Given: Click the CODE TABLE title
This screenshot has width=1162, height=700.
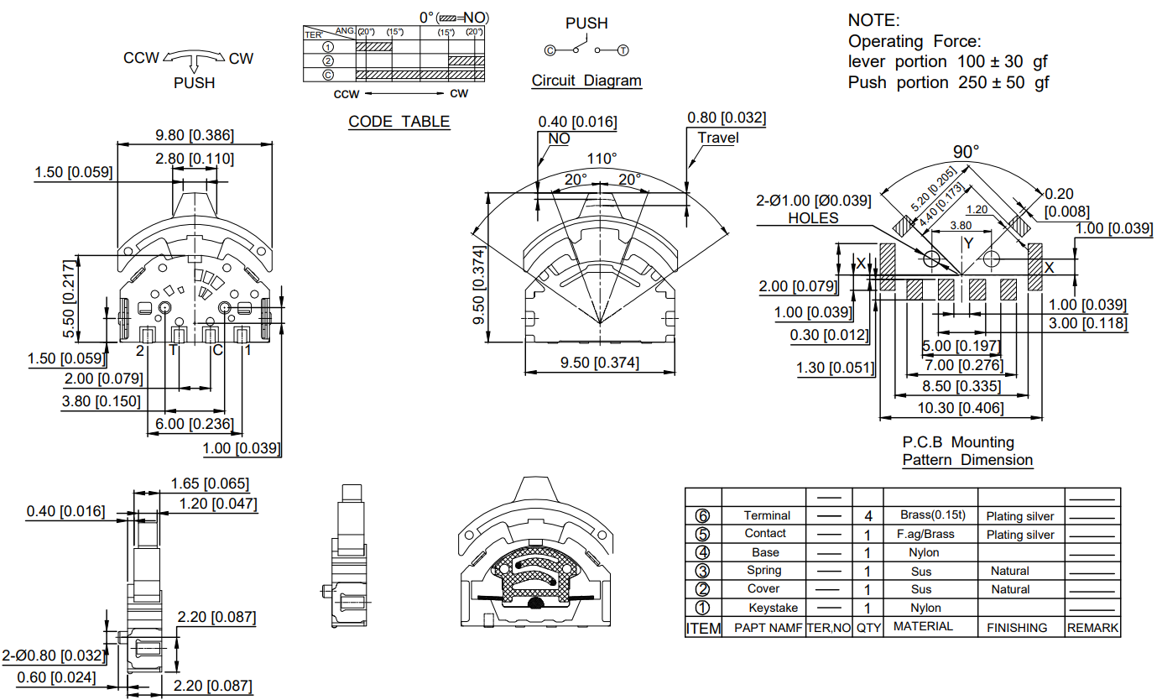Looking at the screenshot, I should click(x=399, y=122).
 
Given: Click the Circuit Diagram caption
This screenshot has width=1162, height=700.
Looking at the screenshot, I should click(x=586, y=81).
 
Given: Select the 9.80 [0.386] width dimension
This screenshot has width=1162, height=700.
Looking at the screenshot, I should click(x=195, y=135).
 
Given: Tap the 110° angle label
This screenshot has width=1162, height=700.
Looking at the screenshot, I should click(x=602, y=159).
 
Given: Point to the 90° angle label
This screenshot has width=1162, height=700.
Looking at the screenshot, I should click(x=966, y=152).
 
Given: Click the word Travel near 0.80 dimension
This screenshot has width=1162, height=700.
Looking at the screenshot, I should click(x=718, y=138).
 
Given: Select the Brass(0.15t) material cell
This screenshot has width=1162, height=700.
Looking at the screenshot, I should click(x=932, y=515).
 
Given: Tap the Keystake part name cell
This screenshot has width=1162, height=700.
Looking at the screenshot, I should click(x=774, y=608).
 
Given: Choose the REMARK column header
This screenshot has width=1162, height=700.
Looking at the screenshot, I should click(x=1092, y=628).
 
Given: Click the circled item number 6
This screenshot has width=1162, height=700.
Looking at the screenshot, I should click(x=703, y=516).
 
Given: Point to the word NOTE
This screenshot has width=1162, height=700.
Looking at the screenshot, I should click(x=873, y=20).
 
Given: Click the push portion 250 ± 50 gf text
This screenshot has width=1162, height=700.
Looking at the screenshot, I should click(x=948, y=82).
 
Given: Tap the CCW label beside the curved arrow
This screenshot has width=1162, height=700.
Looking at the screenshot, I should click(x=142, y=58).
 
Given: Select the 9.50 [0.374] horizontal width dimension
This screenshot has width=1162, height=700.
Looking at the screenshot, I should click(x=599, y=363).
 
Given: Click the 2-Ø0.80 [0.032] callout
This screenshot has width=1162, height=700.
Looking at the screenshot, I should click(x=53, y=656).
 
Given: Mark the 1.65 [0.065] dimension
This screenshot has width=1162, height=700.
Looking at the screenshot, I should click(x=210, y=483).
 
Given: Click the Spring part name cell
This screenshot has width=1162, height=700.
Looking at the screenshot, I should click(x=764, y=571).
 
